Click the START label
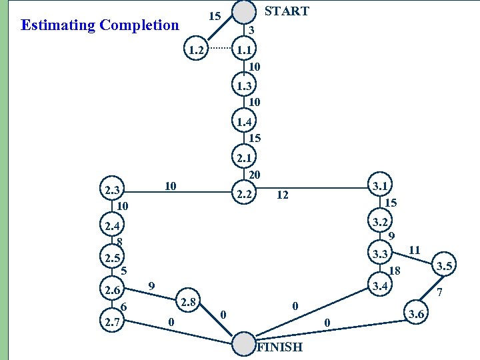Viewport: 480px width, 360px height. [287, 11]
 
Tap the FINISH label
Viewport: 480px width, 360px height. [279, 347]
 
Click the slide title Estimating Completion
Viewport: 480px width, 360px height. [101, 25]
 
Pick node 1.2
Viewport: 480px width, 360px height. [195, 49]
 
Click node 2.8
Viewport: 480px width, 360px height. [187, 303]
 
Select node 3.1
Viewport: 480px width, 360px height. [381, 185]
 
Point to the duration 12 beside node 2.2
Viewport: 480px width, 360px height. [283, 195]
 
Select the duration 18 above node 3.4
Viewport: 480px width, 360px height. [395, 271]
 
